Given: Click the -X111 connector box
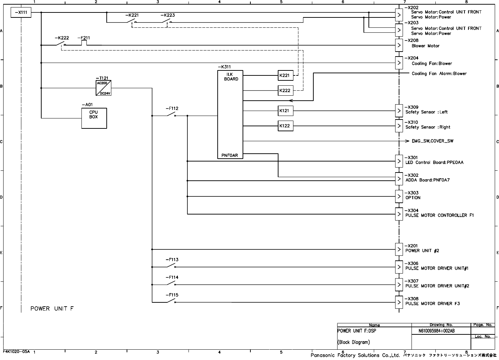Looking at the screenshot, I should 21,13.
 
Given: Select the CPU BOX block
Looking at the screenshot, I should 94,118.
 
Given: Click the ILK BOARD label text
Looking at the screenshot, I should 230,77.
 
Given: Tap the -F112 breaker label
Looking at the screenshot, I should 172,108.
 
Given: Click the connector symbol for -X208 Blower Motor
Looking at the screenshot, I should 399,45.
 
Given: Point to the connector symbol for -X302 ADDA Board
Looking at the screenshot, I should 399,179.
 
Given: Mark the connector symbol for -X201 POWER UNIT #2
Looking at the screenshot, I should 399,249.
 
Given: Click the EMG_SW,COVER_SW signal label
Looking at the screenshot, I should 432,141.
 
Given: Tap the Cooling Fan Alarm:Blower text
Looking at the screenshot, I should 439,74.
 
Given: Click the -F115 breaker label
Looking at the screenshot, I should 172,295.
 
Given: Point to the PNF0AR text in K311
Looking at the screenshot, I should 230,155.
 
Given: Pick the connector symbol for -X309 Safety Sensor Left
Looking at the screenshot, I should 399,111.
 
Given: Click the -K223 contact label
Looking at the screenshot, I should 168,15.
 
